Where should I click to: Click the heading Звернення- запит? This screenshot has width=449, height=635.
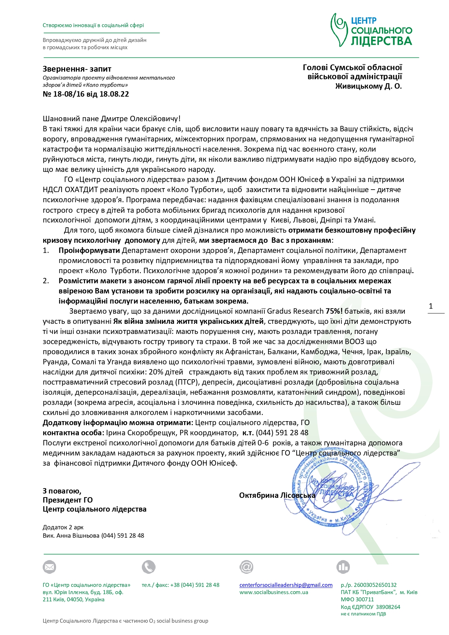tap(77, 69)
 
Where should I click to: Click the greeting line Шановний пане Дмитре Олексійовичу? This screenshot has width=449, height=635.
tap(111, 119)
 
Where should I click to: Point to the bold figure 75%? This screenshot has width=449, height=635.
tap(334, 311)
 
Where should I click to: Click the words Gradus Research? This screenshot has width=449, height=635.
tap(295, 311)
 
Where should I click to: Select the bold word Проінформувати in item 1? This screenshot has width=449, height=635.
tap(89, 250)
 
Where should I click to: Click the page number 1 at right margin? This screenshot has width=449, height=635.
tap(431, 306)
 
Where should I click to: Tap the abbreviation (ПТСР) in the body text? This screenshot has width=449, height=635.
tap(186, 382)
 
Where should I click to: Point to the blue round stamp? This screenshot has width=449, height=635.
tap(332, 493)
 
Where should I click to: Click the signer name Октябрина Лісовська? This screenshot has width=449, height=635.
tap(277, 495)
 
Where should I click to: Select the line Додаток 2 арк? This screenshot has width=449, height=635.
tap(63, 527)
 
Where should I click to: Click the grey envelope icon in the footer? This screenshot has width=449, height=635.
tap(50, 567)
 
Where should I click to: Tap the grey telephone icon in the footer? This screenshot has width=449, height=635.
tap(148, 567)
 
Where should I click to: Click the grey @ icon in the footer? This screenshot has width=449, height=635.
tap(246, 567)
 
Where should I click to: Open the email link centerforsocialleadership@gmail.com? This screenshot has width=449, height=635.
tap(286, 585)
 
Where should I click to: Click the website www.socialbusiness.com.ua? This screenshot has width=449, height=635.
tap(274, 592)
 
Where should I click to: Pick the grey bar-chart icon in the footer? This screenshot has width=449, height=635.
tap(343, 567)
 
